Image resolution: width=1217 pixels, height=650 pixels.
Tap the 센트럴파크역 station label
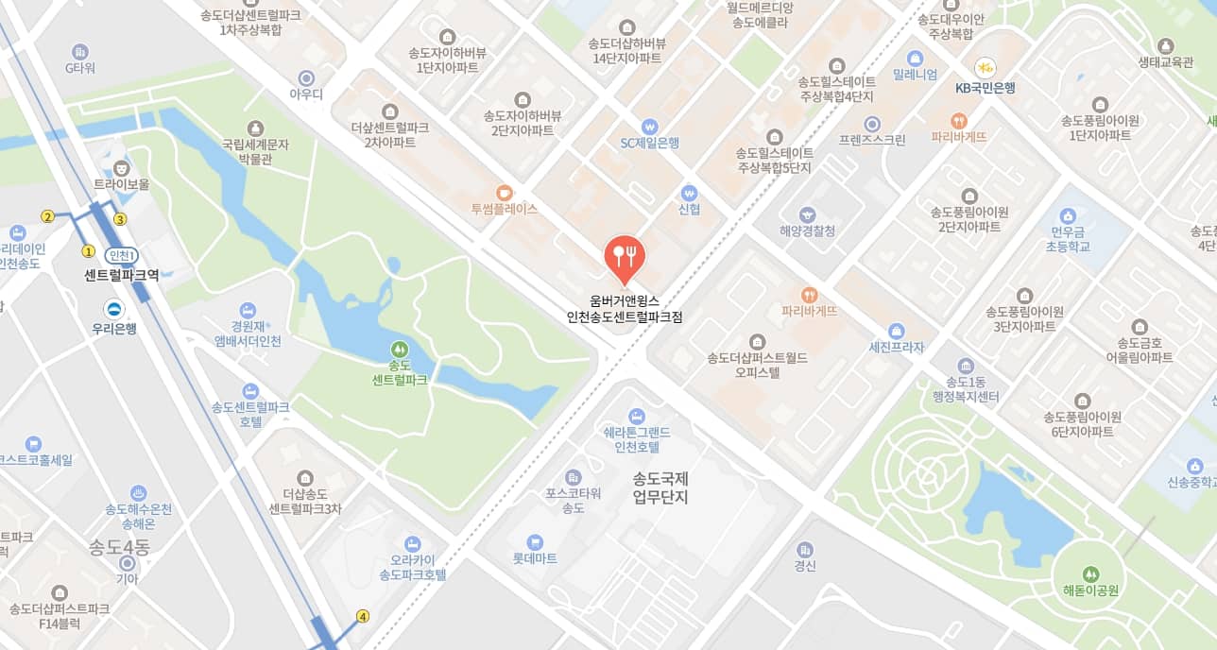(121, 275)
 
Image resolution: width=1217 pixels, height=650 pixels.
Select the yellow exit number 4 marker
(362, 617)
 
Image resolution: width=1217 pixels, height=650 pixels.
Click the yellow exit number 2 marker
(47, 216)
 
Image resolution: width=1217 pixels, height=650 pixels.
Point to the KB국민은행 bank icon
(985, 67)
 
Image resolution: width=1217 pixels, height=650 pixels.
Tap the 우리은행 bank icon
(114, 309)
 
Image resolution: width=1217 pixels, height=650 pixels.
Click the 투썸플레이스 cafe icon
(504, 191)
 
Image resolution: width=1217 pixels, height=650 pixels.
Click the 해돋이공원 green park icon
(1090, 573)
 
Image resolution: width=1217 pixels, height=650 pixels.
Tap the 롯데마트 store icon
(535, 541)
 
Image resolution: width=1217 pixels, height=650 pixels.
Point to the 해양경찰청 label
(807, 231)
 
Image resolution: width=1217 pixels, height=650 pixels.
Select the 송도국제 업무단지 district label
(660, 487)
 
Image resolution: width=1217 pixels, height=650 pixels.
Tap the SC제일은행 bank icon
(648, 126)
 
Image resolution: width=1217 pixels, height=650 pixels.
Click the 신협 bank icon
(689, 192)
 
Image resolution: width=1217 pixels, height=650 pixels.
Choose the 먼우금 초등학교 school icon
(1069, 216)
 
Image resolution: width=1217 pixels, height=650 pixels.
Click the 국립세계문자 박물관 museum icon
(254, 128)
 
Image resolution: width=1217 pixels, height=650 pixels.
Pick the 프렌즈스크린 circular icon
(872, 124)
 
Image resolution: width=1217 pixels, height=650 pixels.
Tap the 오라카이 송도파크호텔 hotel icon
(411, 543)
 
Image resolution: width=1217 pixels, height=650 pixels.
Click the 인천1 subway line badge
(123, 255)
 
